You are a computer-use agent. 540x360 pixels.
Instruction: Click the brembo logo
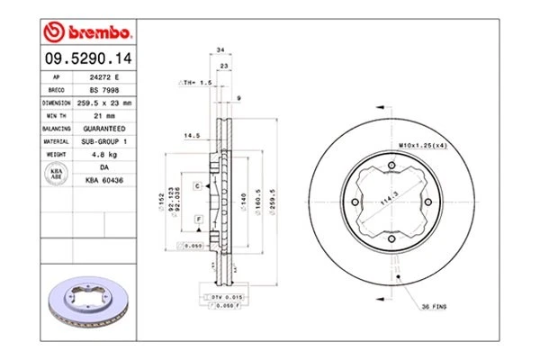click(88, 33)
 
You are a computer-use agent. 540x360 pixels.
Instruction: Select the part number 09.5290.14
click(87, 60)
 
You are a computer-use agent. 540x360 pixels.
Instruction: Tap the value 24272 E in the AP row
click(103, 78)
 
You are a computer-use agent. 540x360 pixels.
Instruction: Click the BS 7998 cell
click(103, 90)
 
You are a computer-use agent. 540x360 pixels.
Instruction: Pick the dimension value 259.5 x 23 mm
click(103, 103)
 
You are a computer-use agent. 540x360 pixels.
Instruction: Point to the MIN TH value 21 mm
click(103, 116)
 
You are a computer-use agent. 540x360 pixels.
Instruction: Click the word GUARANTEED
click(103, 129)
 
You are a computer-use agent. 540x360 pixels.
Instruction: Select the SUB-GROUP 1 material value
click(103, 141)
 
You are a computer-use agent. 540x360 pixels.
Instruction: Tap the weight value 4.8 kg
click(103, 154)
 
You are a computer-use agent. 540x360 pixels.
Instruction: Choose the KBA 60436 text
click(103, 180)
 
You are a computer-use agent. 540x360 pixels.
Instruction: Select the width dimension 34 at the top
click(220, 51)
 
